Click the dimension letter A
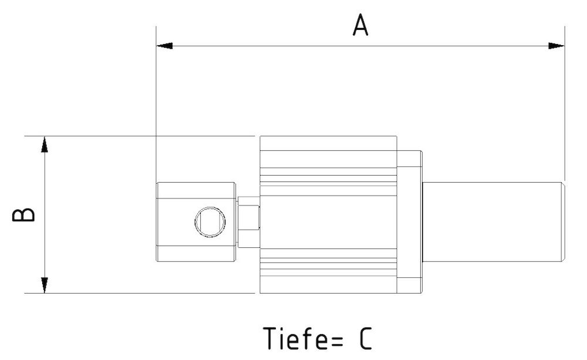[360, 25]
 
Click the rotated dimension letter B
[24, 214]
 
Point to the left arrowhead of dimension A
[164, 45]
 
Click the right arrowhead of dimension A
[556, 45]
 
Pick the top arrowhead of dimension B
[44, 144]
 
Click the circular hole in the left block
[210, 221]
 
